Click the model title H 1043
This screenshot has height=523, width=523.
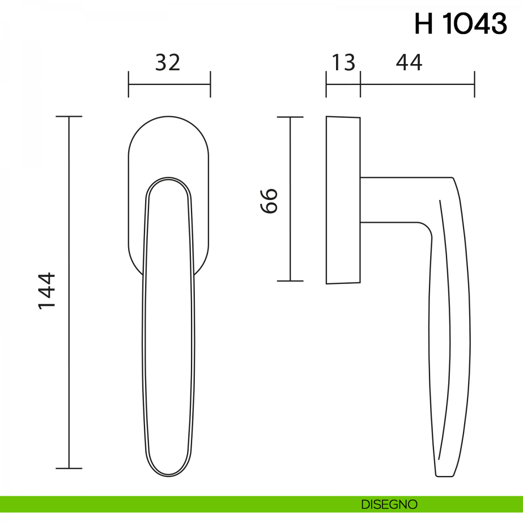point(461,24)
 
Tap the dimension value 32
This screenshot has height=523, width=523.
point(168,62)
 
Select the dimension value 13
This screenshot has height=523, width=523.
point(343,62)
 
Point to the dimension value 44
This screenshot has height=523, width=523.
point(409,62)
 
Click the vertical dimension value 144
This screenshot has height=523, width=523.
point(47,291)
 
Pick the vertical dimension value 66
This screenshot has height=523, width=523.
point(269,200)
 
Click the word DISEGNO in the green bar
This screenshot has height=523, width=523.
point(389,504)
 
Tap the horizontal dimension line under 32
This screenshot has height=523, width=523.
point(170,85)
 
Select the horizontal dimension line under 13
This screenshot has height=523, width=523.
point(343,85)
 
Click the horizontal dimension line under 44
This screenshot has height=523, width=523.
point(418,85)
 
